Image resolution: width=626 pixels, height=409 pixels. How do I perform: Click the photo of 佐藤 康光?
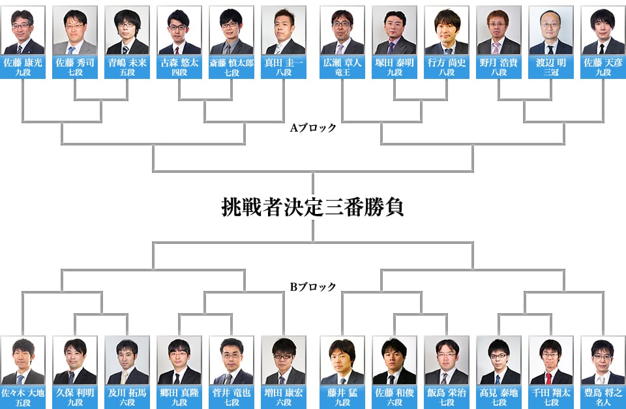click(23, 31)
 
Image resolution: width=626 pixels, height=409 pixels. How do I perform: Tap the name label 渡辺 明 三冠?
click(551, 67)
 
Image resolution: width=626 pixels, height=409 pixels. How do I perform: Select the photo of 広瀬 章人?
click(342, 31)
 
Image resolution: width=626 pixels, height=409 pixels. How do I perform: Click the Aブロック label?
click(313, 128)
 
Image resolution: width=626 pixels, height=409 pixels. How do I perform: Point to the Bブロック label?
click(313, 286)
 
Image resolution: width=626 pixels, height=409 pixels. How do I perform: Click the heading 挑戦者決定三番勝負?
click(313, 207)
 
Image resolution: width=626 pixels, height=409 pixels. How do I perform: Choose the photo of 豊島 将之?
click(603, 361)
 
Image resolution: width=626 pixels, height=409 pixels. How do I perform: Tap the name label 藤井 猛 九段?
click(342, 397)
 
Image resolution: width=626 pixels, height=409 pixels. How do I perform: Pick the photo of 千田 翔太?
click(550, 361)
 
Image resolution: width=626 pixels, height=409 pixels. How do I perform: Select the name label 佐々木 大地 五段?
click(23, 397)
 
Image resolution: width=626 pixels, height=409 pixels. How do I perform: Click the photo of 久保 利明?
click(76, 361)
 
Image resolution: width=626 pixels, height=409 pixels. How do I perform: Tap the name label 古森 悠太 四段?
click(179, 67)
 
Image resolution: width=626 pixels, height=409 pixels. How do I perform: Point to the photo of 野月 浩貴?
click(498, 31)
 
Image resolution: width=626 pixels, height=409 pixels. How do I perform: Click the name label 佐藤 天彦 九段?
click(603, 67)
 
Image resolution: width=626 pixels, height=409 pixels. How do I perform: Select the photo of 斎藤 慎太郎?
click(231, 31)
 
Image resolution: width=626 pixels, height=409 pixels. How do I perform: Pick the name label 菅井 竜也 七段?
click(231, 397)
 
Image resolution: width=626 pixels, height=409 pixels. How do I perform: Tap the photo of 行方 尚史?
click(446, 31)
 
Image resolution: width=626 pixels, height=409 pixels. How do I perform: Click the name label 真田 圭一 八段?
click(284, 67)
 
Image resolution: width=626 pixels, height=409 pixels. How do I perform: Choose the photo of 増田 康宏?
click(284, 361)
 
